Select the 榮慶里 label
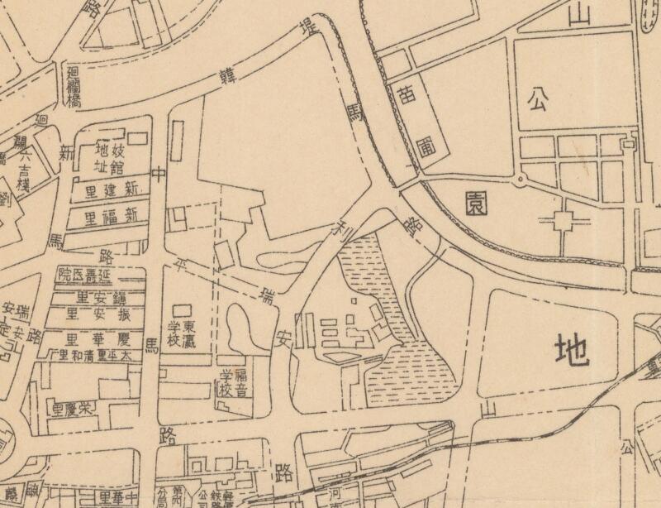click(x=77, y=409)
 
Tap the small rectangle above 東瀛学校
click(x=178, y=309)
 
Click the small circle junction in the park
click(x=521, y=178)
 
